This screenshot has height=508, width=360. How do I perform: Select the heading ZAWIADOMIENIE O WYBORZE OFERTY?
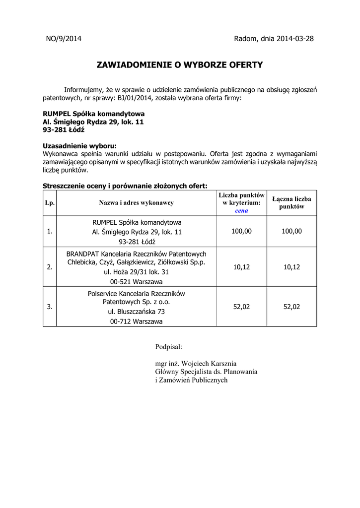[179, 65]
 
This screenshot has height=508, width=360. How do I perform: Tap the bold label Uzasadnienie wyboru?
[80, 146]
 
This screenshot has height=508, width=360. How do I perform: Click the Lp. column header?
[50, 202]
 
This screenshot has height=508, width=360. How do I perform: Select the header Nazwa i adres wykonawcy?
[136, 202]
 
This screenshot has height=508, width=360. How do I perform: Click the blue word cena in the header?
[242, 210]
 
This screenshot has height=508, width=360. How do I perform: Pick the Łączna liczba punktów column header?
[291, 202]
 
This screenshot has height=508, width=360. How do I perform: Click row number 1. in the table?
[50, 231]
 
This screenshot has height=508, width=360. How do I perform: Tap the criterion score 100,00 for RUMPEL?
[242, 231]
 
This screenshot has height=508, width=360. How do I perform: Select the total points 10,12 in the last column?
[291, 267]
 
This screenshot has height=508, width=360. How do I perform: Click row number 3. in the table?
[50, 307]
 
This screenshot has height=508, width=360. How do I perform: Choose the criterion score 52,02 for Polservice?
[242, 307]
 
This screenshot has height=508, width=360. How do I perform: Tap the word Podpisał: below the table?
[169, 346]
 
